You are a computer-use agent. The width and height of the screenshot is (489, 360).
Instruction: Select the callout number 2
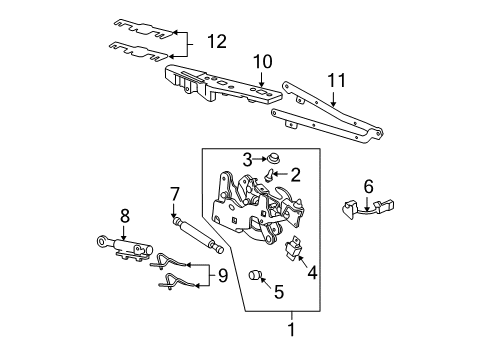click(295, 174)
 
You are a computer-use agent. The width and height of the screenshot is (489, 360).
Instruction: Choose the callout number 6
click(368, 186)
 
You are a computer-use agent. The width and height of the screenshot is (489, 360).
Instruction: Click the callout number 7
click(174, 193)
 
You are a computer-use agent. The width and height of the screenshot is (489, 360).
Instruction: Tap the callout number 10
click(261, 63)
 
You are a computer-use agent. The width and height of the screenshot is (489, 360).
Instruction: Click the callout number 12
click(216, 41)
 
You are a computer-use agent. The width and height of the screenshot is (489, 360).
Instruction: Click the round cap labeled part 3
click(272, 157)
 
